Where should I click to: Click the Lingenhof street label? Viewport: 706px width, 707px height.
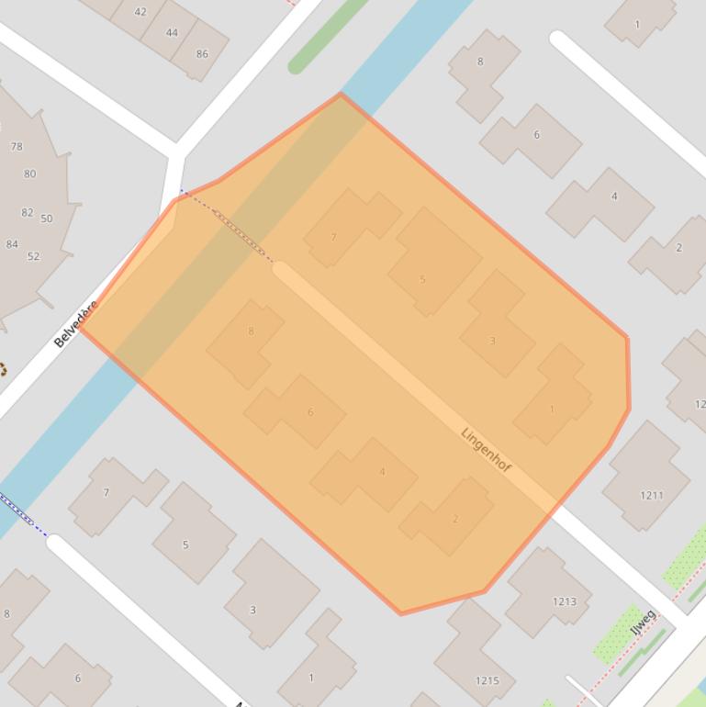(486, 450)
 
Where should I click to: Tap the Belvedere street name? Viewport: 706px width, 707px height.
(75, 324)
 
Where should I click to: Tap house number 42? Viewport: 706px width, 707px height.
(140, 12)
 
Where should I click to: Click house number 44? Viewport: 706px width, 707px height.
(172, 32)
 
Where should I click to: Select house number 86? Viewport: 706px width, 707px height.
(202, 53)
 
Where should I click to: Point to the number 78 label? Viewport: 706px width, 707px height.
(17, 146)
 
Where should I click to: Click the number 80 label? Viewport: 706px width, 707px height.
(30, 174)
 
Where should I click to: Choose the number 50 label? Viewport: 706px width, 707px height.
(47, 219)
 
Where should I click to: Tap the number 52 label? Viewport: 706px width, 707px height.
(33, 256)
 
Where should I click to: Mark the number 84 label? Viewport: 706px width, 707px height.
(12, 244)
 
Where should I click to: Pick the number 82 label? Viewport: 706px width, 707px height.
(27, 212)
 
